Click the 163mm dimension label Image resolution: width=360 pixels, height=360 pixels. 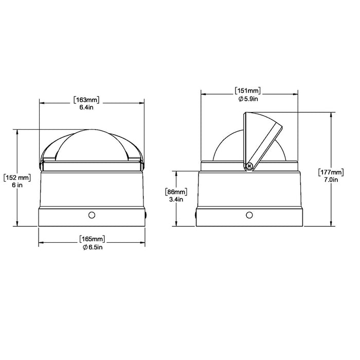click(x=86, y=100)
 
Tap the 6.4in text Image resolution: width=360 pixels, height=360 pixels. click(x=86, y=107)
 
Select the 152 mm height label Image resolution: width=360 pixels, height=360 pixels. click(x=17, y=178)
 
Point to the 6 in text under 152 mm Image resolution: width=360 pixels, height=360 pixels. click(x=17, y=185)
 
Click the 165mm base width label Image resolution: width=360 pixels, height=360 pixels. click(x=92, y=239)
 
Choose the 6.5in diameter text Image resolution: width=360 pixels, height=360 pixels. click(x=93, y=247)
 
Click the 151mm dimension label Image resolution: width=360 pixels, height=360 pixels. click(x=248, y=91)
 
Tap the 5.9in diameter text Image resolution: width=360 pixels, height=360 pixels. click(x=248, y=99)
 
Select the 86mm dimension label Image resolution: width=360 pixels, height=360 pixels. click(x=176, y=192)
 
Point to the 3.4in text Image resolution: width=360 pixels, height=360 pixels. click(x=176, y=200)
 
